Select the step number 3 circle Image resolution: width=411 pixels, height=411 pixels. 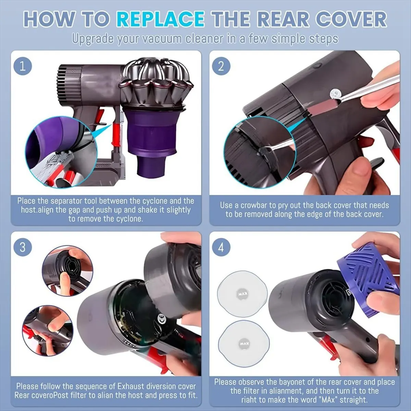pyautogui.click(x=23, y=247)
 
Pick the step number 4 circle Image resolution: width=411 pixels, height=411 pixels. pyautogui.click(x=221, y=247)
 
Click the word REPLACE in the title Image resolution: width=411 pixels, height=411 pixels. pyautogui.click(x=160, y=20)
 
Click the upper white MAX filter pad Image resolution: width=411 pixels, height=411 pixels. pyautogui.click(x=242, y=294)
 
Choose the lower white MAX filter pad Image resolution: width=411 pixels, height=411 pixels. pyautogui.click(x=244, y=344)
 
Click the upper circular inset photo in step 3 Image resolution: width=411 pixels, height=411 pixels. pyautogui.click(x=67, y=271)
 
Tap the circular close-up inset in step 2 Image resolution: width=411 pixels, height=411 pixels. pyautogui.click(x=260, y=152)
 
